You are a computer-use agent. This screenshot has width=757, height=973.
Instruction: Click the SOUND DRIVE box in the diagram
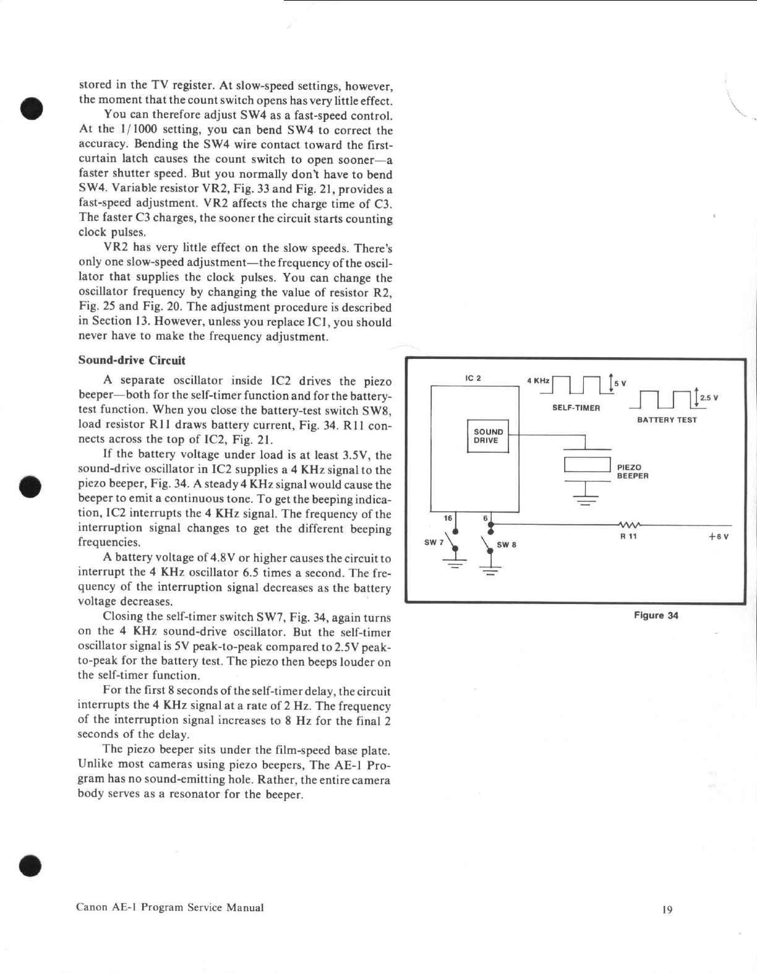click(x=488, y=436)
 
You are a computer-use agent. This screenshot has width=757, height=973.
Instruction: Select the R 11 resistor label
click(x=628, y=537)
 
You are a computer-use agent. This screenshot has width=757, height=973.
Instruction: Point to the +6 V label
click(x=719, y=537)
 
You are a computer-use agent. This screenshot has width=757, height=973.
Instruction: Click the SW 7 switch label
click(x=434, y=542)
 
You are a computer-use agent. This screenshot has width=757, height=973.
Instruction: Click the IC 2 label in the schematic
click(x=473, y=378)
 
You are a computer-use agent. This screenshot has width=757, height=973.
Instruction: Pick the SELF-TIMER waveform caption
click(x=576, y=408)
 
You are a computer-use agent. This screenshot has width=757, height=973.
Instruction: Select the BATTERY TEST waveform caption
click(x=667, y=420)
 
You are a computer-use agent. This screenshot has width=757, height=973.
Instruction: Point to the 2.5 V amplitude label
click(x=709, y=397)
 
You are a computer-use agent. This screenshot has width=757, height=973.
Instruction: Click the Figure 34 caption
click(x=656, y=615)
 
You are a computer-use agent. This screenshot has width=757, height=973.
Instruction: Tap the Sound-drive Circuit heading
click(x=132, y=360)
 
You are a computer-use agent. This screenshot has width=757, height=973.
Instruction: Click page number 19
click(x=667, y=909)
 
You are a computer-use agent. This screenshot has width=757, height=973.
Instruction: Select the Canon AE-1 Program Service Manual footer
click(x=170, y=907)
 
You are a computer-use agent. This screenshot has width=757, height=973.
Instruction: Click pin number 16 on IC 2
click(x=448, y=518)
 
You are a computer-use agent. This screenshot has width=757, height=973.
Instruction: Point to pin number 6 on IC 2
click(x=485, y=518)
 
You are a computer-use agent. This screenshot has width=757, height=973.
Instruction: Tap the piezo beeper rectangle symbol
click(x=588, y=465)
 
